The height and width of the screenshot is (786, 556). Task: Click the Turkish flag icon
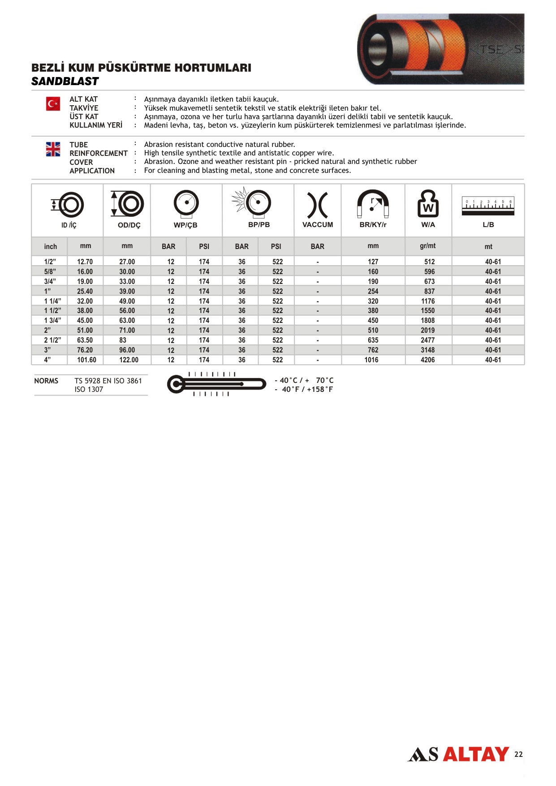53,104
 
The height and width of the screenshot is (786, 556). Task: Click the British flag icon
53,149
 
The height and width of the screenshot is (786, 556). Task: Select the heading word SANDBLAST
65,82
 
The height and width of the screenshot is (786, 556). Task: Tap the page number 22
518,754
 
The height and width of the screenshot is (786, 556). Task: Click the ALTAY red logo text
476,754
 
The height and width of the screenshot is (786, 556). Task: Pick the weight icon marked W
428,204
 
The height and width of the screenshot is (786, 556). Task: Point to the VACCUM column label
318,225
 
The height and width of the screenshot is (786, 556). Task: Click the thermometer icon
216,384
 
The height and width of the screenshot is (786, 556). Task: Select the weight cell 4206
427,360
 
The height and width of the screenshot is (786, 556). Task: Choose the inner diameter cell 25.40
85,292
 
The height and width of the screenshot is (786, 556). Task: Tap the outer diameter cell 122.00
129,360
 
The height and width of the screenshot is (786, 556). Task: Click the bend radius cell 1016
371,360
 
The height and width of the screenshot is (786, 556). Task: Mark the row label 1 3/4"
52,321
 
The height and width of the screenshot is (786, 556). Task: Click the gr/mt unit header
427,246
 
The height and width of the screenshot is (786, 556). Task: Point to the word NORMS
46,381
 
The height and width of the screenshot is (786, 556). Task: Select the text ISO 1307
89,390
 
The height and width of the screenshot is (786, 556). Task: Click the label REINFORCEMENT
99,153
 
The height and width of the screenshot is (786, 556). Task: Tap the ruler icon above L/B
488,206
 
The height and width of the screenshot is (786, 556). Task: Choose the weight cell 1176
427,301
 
